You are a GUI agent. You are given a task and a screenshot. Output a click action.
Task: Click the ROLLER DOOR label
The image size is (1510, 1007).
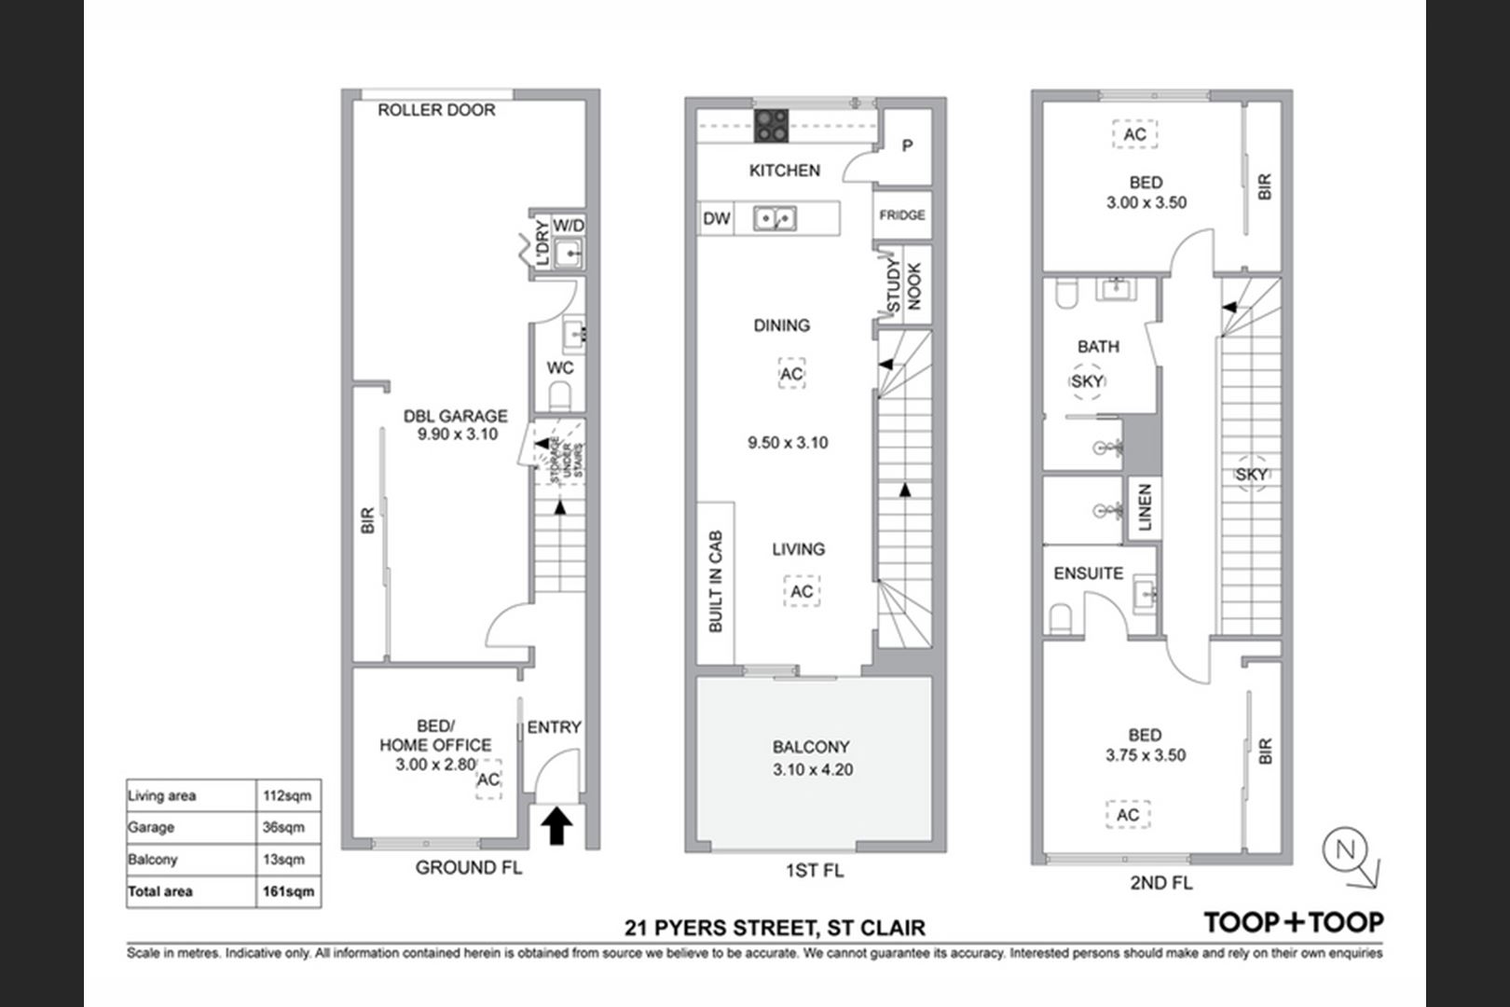(x=436, y=110)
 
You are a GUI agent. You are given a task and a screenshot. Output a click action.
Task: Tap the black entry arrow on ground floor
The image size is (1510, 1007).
(x=556, y=825)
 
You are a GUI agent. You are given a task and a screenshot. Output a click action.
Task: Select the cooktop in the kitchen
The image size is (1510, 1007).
(x=771, y=126)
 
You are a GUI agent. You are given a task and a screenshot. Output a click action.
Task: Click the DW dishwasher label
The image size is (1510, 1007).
(x=717, y=218)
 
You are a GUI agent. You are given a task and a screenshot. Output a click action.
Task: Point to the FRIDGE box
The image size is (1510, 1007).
(x=902, y=215)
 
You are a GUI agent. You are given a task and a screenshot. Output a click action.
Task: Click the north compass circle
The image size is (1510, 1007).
(x=1345, y=849)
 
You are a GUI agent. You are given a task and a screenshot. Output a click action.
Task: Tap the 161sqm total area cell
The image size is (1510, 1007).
(x=289, y=891)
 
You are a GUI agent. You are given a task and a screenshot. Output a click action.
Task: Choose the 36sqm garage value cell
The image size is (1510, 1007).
(x=289, y=828)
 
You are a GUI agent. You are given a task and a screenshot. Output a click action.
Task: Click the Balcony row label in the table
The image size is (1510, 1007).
(x=153, y=860)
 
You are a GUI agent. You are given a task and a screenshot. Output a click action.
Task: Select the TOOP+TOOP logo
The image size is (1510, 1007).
(x=1294, y=922)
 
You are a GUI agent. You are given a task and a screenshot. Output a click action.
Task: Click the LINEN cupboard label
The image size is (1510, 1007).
(x=1145, y=507)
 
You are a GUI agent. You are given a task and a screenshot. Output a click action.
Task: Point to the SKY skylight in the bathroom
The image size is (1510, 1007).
(x=1087, y=381)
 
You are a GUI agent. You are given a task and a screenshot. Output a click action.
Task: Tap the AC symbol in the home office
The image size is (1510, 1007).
(x=488, y=779)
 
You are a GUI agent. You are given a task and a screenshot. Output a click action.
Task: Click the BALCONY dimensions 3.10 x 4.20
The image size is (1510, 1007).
(x=813, y=769)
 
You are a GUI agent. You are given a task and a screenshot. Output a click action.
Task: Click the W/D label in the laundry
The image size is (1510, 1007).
(x=569, y=226)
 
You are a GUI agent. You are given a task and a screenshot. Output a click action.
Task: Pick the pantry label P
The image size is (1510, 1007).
(x=907, y=145)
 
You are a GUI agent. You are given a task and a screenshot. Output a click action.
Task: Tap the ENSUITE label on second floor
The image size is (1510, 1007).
(x=1089, y=573)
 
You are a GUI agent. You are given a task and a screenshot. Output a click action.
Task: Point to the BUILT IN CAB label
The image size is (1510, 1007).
(x=715, y=582)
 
